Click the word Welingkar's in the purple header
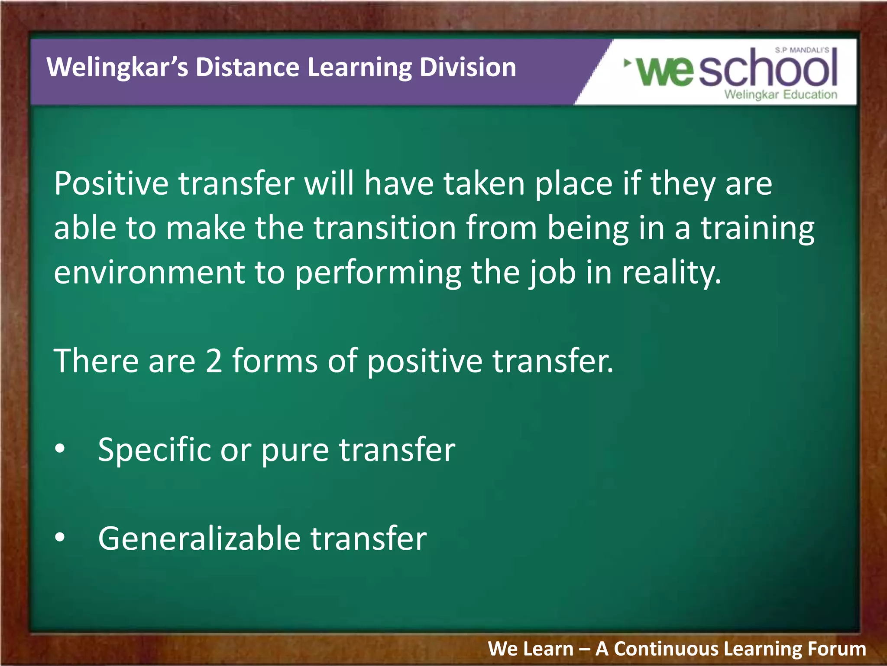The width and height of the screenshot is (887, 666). coord(117,68)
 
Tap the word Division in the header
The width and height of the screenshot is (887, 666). coord(468,68)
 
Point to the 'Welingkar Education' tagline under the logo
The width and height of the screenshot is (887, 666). coord(780,95)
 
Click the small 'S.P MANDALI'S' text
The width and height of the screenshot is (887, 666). coord(802,50)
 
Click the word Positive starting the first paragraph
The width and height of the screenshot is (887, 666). coord(111,184)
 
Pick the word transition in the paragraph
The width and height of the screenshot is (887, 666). coord(385,228)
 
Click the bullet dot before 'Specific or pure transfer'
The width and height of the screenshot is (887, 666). coord(60,449)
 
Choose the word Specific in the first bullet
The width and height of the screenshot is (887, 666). coord(154,450)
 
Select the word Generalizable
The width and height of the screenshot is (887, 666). coord(199,538)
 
